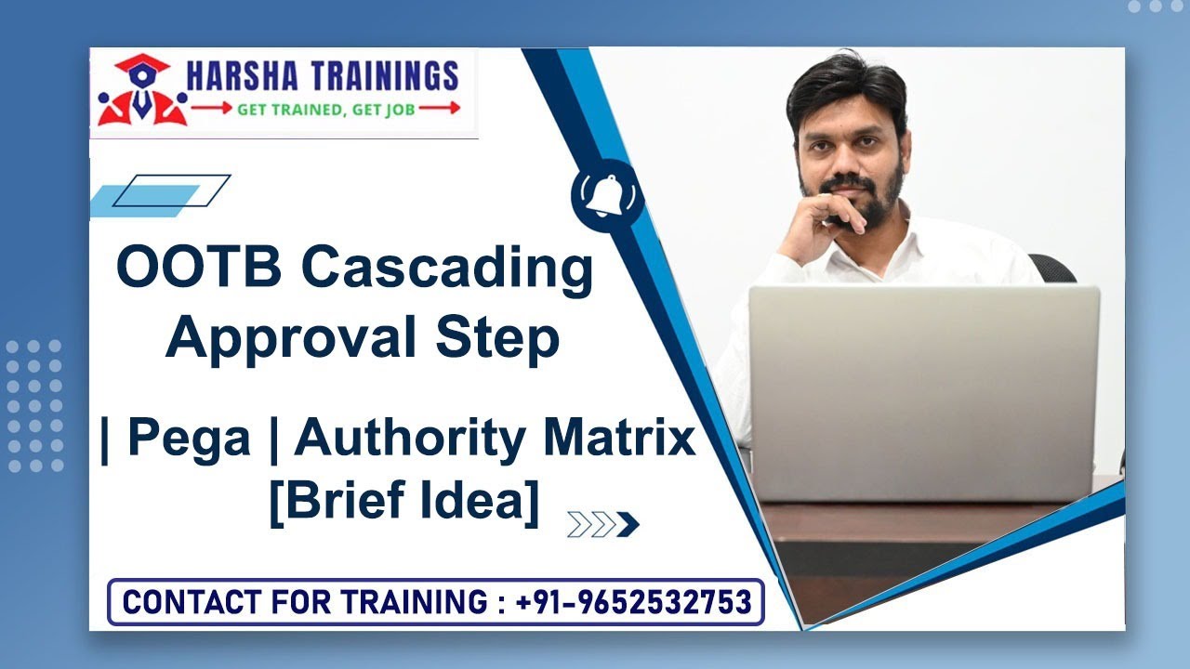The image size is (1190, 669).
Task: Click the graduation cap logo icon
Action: tap(141, 90)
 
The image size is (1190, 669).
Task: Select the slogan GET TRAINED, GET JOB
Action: tap(324, 109)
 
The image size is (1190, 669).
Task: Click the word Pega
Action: tap(189, 439)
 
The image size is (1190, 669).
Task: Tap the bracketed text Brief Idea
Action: tap(403, 503)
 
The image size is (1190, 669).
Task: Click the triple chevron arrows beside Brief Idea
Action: tap(602, 525)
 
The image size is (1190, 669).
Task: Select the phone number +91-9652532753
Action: tap(633, 602)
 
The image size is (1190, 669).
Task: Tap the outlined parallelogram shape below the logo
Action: tap(172, 190)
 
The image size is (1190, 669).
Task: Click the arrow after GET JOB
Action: tap(441, 108)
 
